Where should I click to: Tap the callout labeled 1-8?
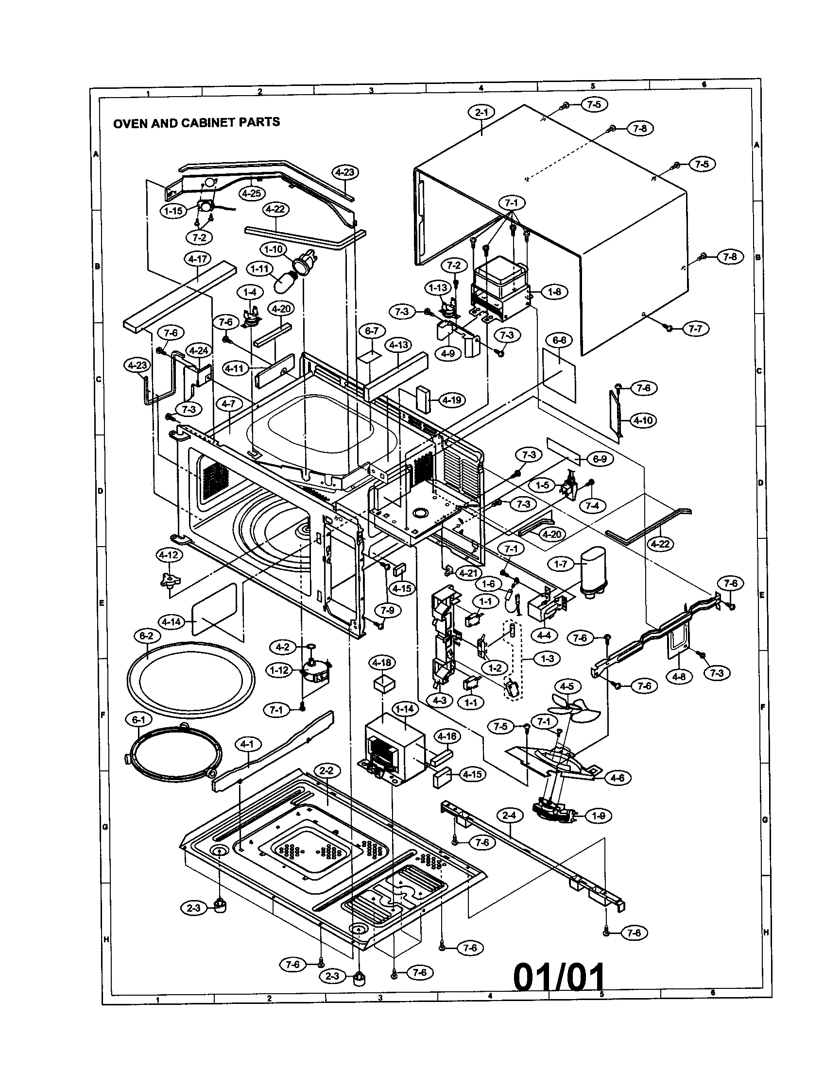pos(554,292)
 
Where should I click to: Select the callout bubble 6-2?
pos(146,636)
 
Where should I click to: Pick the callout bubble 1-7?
pos(560,564)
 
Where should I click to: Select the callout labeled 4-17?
pos(197,259)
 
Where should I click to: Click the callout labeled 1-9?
pos(598,816)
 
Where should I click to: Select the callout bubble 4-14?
pos(171,622)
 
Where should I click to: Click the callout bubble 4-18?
pos(382,663)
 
